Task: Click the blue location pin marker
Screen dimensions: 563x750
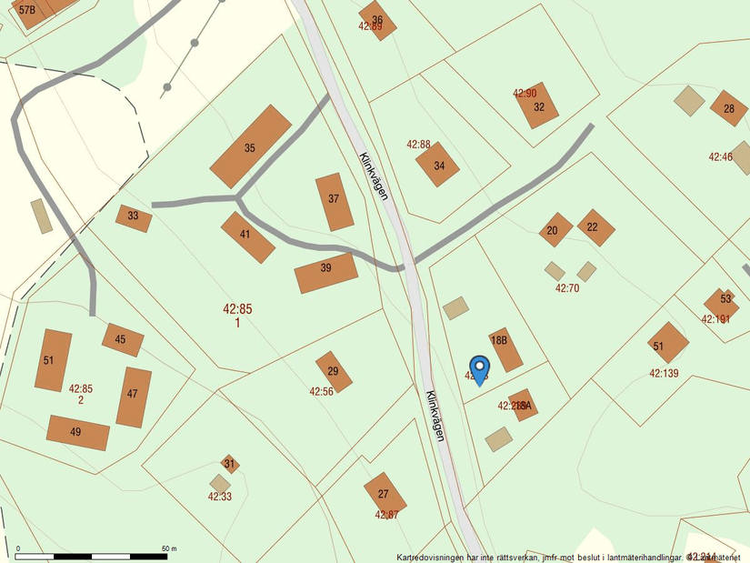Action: (480, 370)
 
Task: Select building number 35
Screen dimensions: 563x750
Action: (251, 146)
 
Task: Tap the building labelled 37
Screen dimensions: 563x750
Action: (335, 201)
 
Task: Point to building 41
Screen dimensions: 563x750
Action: (247, 236)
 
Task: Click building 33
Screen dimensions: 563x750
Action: (134, 217)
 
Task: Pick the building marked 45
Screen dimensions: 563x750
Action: (122, 339)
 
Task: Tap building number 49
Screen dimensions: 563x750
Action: (77, 433)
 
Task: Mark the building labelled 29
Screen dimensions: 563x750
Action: (334, 371)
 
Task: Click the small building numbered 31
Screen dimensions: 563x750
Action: (230, 464)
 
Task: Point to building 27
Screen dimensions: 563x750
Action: (385, 493)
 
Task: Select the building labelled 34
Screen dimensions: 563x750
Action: (438, 165)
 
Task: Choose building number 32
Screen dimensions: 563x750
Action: (536, 106)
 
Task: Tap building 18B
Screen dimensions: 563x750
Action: (505, 349)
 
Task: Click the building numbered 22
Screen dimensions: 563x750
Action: (595, 227)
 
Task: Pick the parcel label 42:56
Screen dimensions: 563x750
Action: (322, 392)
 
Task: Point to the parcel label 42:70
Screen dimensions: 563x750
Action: (567, 288)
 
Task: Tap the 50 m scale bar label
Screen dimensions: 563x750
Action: (169, 549)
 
